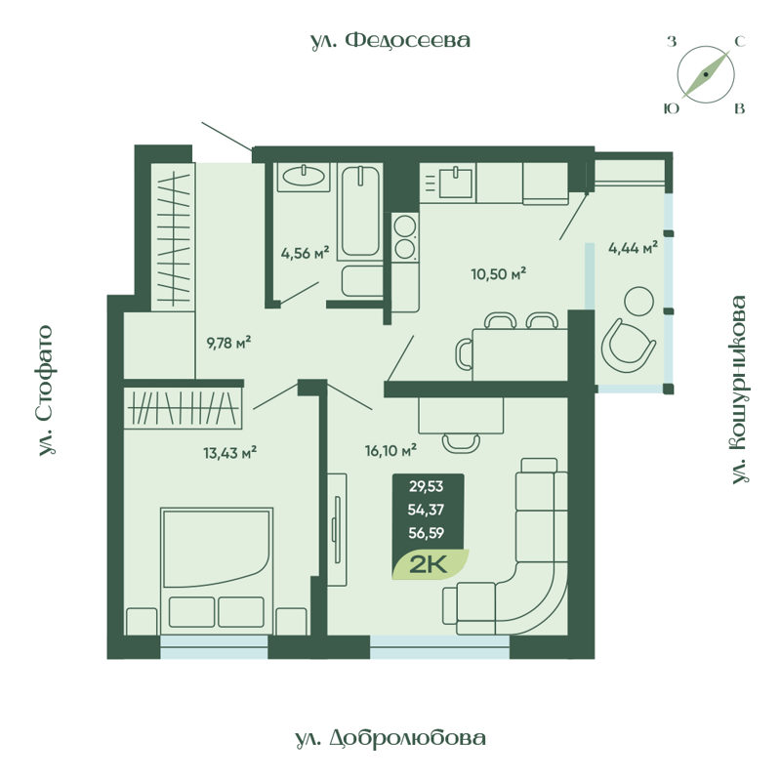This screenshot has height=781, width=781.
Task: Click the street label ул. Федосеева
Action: [x=390, y=40]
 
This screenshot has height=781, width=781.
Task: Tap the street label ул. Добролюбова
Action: [x=390, y=739]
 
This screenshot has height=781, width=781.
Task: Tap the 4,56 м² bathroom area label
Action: [x=305, y=253]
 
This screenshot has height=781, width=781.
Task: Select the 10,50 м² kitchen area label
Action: [x=498, y=273]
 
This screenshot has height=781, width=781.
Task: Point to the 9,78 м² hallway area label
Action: [x=228, y=342]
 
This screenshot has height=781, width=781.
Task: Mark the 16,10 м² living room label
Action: [x=390, y=450]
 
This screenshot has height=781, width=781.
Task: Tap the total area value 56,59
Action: [x=429, y=533]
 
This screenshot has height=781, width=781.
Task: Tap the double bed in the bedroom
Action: [x=217, y=566]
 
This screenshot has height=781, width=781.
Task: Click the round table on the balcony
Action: [x=641, y=301]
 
